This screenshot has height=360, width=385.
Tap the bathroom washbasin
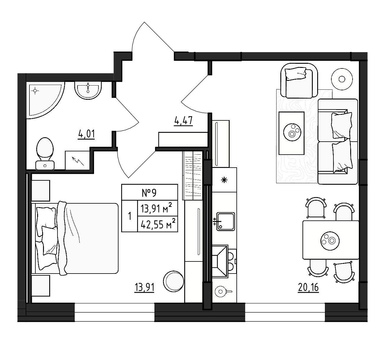click(88, 90)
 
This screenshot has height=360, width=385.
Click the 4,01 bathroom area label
click(86, 134)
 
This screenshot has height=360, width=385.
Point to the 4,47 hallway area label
click(183, 121)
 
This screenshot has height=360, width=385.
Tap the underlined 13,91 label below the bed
click(144, 287)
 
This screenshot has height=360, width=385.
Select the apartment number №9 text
click(149, 193)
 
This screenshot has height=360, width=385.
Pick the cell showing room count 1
click(129, 216)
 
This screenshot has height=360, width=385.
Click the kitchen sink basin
click(226, 221)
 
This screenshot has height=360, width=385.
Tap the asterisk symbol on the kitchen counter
click(224, 180)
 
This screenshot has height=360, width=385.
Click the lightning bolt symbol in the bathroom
click(78, 161)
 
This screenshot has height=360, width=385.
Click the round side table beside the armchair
click(342, 79)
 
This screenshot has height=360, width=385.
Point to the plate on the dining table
click(330, 241)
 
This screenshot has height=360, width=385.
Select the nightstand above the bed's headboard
click(41, 191)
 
